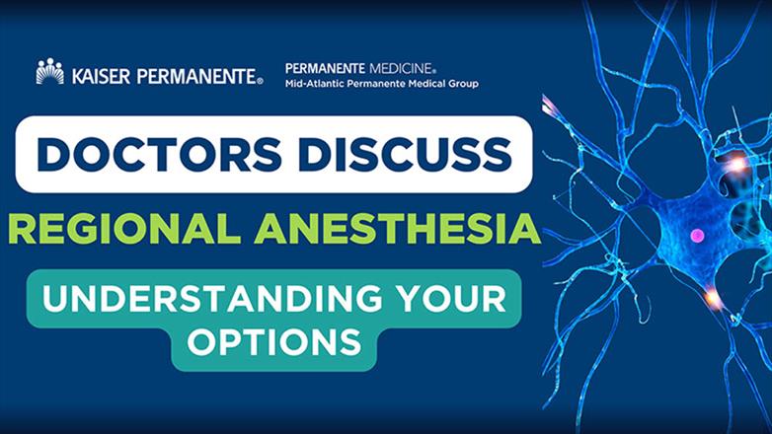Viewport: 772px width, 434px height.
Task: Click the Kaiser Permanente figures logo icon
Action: coord(49,72)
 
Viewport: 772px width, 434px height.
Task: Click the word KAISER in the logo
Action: coord(96,74)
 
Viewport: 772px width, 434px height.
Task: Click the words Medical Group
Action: coord(445,84)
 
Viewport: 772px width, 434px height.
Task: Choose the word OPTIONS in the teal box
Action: coord(273,342)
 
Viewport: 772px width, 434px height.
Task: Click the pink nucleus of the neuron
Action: coord(698,236)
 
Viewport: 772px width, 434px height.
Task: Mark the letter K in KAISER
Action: coord(73,74)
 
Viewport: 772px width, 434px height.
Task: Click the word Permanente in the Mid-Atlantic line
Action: coord(383,84)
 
